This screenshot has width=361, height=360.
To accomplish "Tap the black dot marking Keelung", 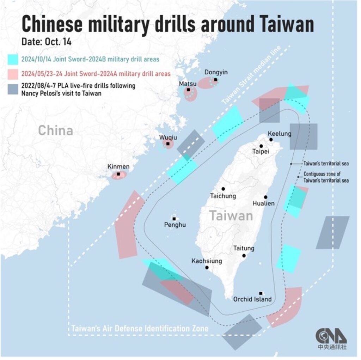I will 271,140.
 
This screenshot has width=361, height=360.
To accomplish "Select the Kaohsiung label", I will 207,261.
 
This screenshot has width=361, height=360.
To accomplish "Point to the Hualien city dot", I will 265,197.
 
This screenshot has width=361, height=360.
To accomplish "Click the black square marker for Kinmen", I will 118,174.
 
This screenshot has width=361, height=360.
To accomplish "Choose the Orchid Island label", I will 252,299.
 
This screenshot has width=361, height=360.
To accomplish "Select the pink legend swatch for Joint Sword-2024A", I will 13,74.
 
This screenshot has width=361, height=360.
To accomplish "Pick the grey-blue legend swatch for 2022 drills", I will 13,89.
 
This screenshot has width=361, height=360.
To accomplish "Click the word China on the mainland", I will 55,130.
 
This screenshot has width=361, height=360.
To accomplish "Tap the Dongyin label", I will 216,72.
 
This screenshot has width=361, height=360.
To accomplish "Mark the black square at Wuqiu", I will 168,144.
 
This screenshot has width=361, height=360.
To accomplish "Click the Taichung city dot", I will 223,189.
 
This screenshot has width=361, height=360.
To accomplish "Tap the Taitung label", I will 244,249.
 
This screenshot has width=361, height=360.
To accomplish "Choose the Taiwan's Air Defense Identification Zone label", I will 140,329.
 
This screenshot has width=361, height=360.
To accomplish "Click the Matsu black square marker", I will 189,90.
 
